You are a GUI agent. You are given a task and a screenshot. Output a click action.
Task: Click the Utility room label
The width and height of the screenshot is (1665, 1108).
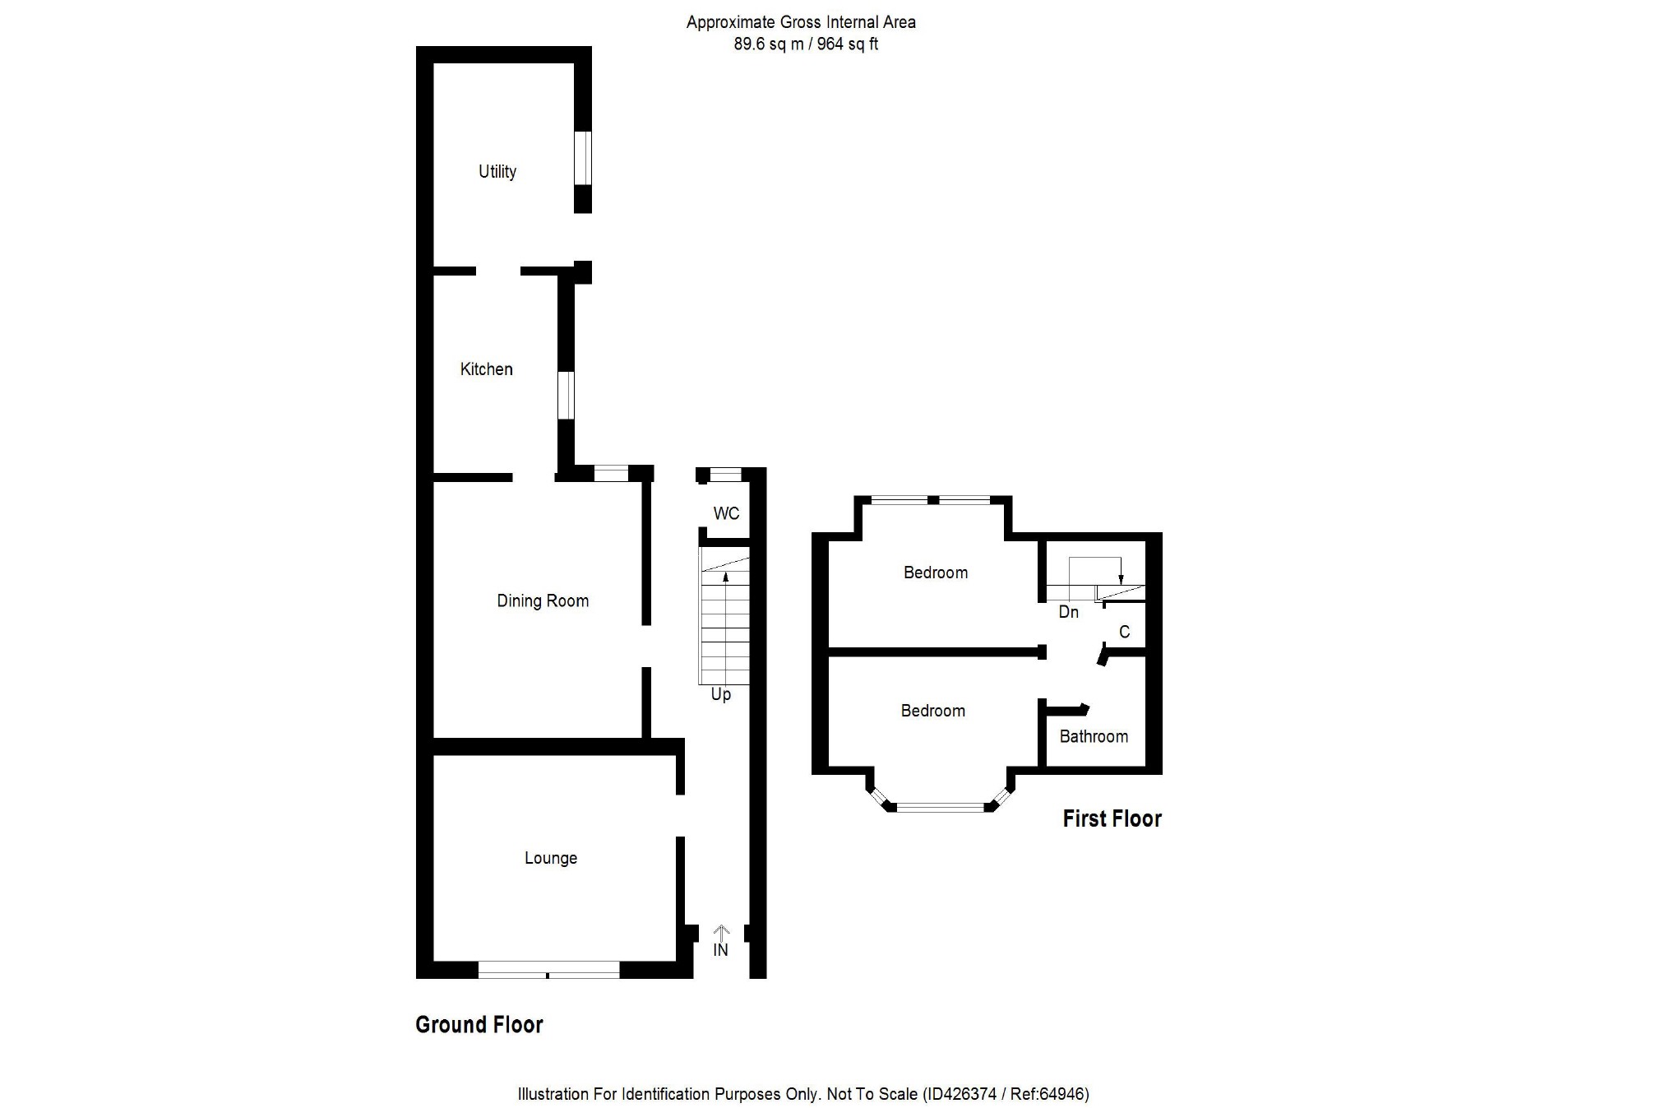(x=497, y=171)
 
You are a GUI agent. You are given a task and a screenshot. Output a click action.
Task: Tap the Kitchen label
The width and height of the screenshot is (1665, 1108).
(x=486, y=369)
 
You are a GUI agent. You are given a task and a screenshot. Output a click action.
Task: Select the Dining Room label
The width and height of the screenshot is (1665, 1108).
(x=543, y=600)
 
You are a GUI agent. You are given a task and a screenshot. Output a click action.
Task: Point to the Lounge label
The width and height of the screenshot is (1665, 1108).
(x=551, y=858)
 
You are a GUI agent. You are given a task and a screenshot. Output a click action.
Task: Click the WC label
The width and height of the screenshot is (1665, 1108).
(x=726, y=513)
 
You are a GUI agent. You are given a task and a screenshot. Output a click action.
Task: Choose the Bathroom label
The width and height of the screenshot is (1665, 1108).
(x=1093, y=736)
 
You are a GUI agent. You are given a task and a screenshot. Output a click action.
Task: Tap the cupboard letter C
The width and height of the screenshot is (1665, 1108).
(x=1124, y=632)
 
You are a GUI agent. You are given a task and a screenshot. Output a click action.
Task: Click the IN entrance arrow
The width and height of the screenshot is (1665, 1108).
(x=721, y=933)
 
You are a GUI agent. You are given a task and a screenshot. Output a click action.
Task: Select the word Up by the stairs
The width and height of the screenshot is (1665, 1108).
(x=720, y=694)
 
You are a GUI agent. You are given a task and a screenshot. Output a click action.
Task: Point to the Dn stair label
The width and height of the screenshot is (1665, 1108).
(x=1068, y=612)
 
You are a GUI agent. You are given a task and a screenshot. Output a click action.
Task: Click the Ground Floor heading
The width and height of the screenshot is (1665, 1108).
(x=479, y=1024)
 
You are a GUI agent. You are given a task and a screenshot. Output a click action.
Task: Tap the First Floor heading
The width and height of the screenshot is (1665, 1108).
(x=1112, y=818)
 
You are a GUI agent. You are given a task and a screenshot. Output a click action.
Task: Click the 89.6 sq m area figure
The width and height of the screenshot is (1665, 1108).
(x=768, y=44)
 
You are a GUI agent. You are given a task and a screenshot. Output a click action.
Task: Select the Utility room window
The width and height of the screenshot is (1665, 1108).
(x=582, y=158)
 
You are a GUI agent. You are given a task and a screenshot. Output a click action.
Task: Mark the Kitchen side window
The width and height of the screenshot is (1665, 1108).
(x=566, y=396)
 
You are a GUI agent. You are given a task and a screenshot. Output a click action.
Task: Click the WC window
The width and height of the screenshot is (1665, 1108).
(x=725, y=475)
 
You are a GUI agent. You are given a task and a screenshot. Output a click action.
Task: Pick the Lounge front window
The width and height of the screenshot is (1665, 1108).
(x=548, y=969)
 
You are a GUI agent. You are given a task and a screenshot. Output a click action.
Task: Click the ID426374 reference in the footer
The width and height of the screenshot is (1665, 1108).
(x=960, y=1094)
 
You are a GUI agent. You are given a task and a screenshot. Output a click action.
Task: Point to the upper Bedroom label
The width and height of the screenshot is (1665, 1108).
(x=935, y=573)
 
